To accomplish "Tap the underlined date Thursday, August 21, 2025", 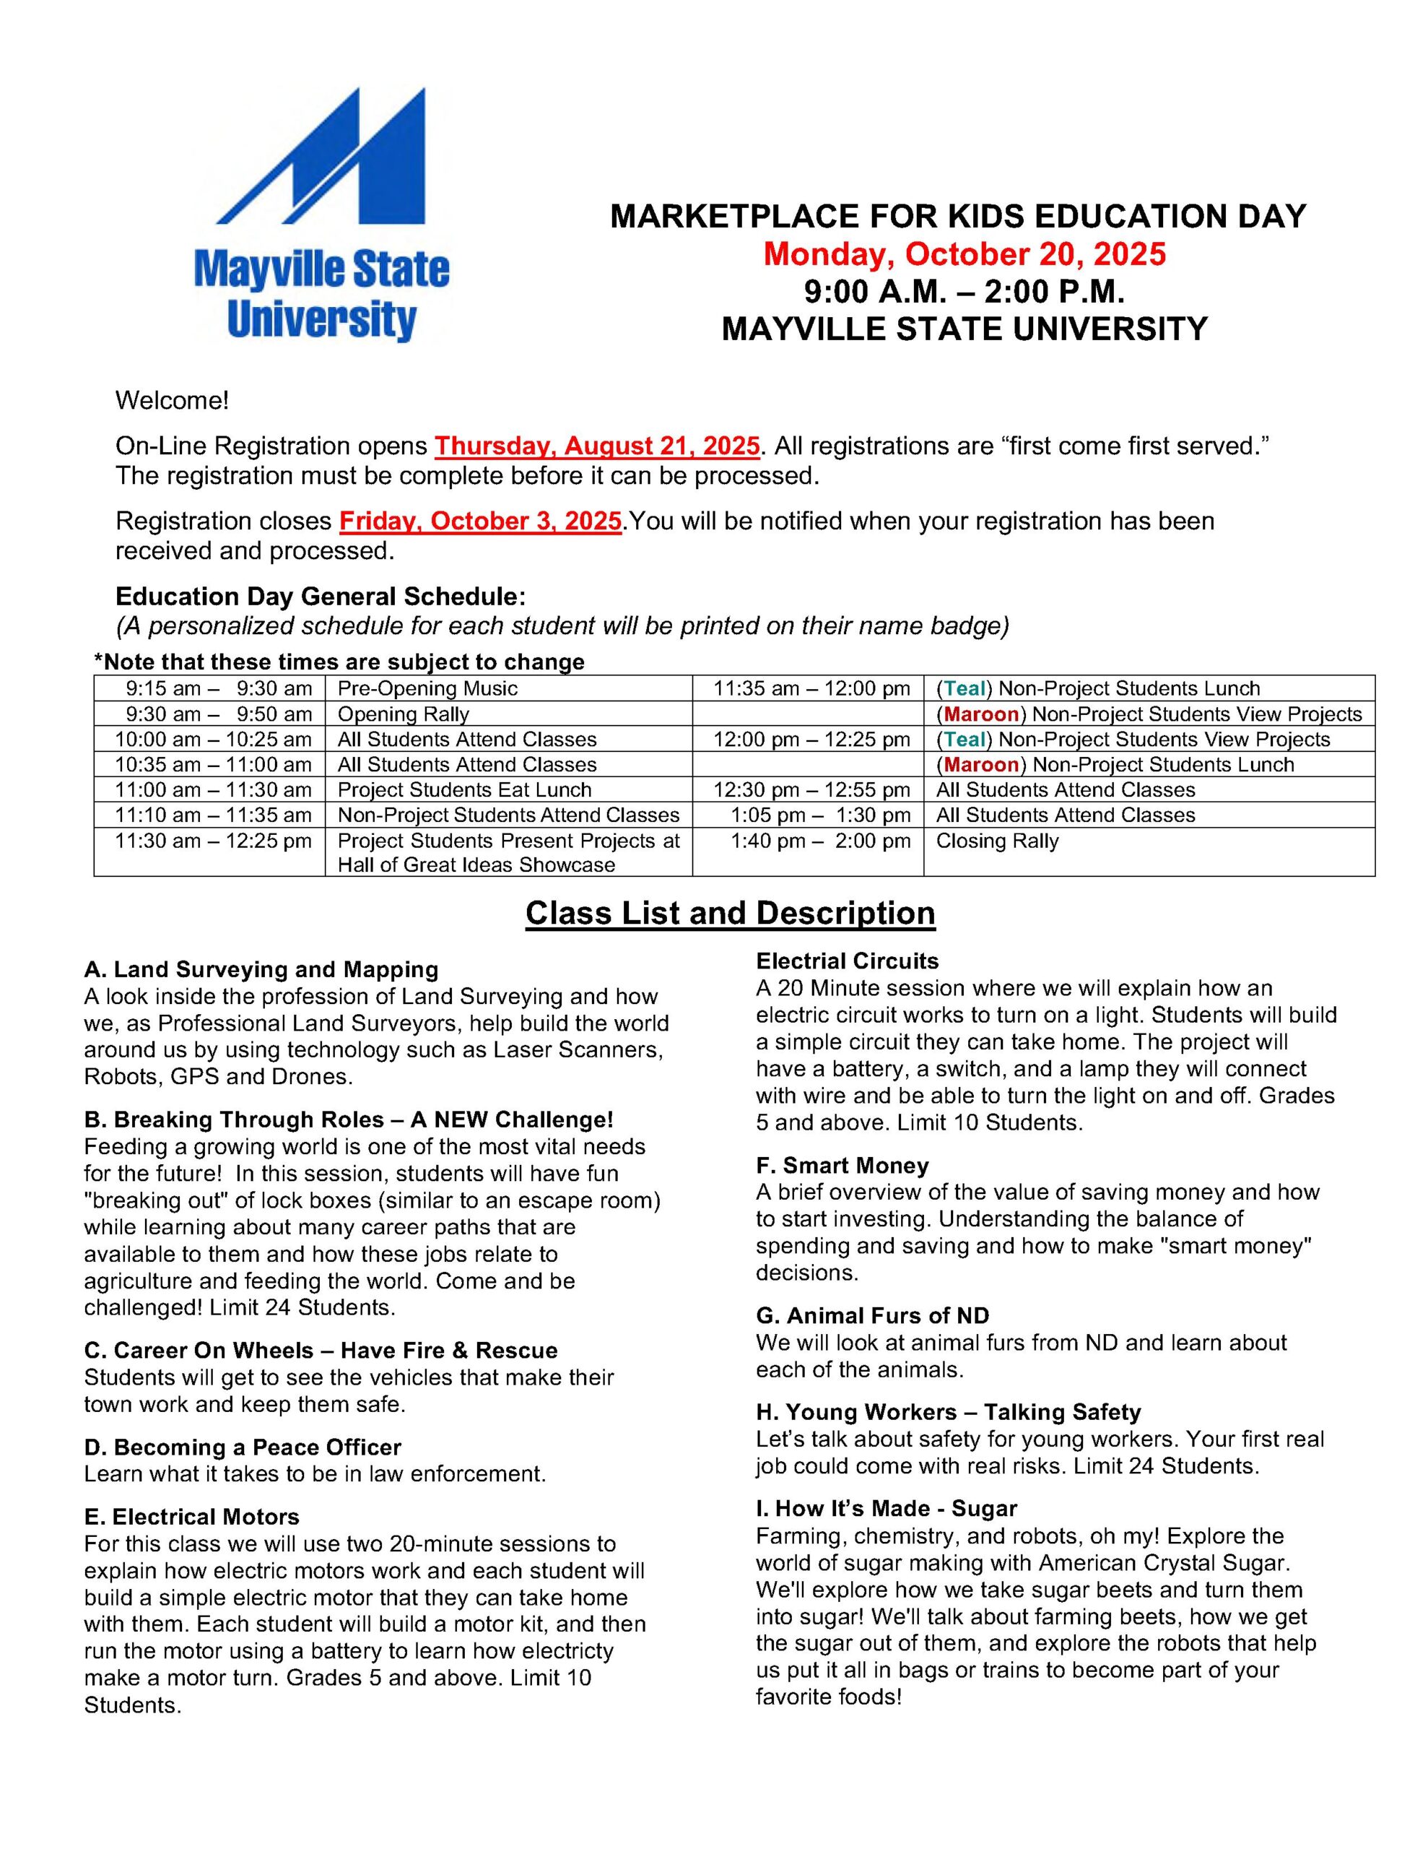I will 597,446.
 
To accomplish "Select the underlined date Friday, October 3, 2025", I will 480,521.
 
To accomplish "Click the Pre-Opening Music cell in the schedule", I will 427,688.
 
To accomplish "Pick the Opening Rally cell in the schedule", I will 404,714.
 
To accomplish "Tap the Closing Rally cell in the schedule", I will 996,841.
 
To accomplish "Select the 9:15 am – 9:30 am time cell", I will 219,688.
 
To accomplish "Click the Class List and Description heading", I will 730,913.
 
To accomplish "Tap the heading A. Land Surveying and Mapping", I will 261,969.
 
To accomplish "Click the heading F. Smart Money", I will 843,1166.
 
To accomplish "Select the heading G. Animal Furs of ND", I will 872,1316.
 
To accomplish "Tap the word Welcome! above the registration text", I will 172,400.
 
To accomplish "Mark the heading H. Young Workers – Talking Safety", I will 948,1412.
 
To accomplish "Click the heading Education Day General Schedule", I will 320,596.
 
